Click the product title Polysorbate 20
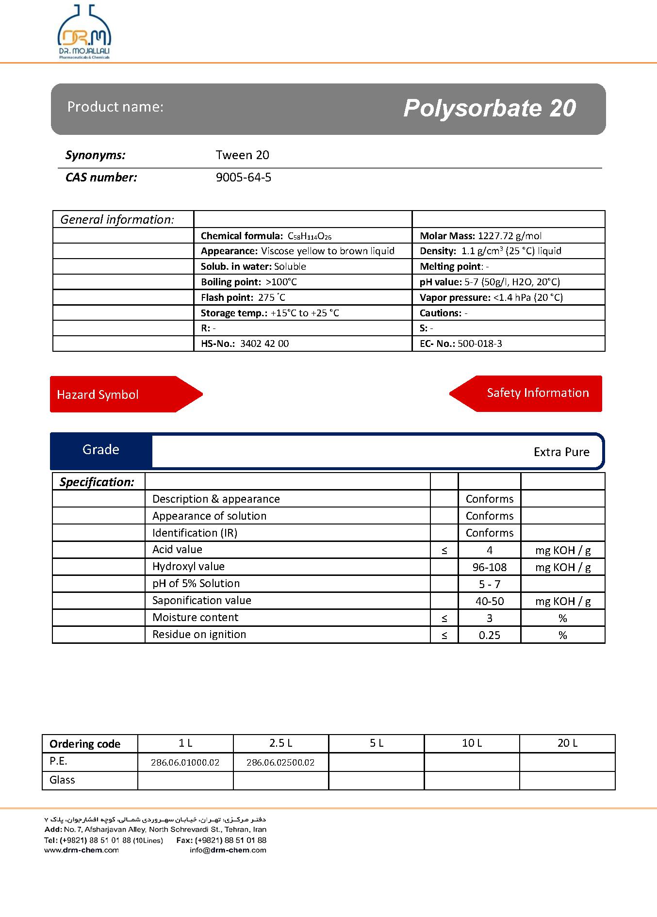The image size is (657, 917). [x=489, y=108]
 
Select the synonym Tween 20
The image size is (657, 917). [x=242, y=155]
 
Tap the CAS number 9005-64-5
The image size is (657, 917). [x=243, y=178]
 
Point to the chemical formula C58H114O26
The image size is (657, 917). [x=310, y=236]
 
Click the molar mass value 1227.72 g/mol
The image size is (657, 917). [x=509, y=236]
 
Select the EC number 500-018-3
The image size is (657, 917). [x=479, y=344]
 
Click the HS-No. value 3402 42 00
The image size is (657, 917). [x=264, y=344]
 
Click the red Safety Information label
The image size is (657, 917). [x=537, y=393]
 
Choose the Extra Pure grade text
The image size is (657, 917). [x=561, y=452]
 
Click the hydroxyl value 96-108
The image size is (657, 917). [x=489, y=567]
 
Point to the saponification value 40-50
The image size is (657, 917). [x=489, y=601]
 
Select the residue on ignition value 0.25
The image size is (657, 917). [x=489, y=635]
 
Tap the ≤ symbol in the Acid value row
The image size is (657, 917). [x=444, y=550]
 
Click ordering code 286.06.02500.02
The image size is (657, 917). [x=280, y=762]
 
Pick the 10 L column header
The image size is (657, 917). [x=472, y=743]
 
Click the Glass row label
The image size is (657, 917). [x=62, y=780]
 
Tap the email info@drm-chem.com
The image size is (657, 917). [x=228, y=850]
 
